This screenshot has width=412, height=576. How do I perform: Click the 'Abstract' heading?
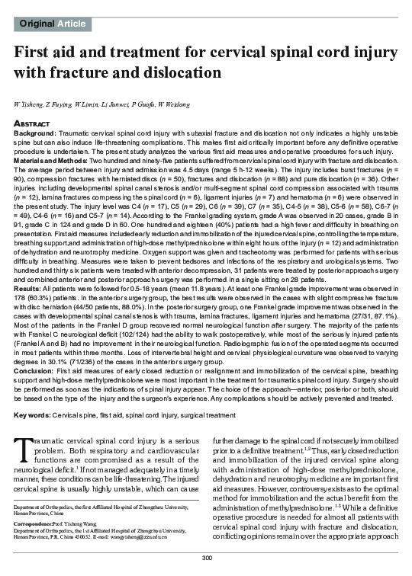pyautogui.click(x=32, y=122)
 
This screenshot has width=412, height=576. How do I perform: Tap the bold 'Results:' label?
pyautogui.click(x=27, y=291)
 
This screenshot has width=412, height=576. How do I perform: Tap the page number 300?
pyautogui.click(x=205, y=560)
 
